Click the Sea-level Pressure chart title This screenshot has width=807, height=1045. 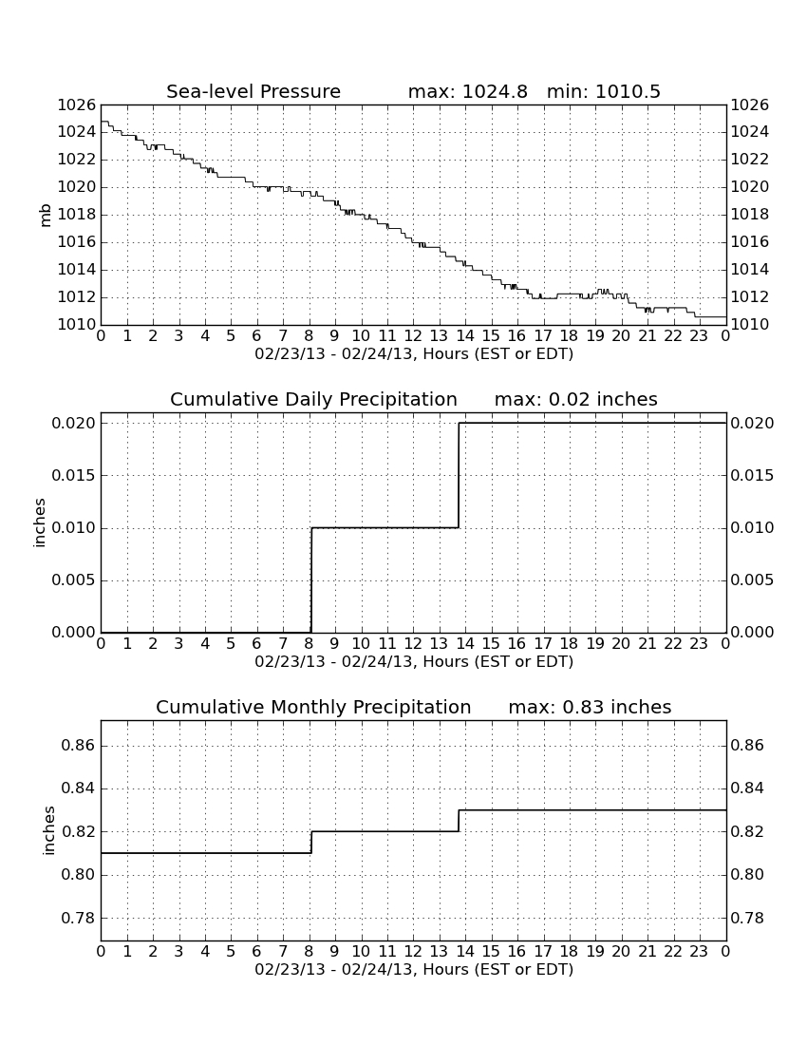(x=253, y=91)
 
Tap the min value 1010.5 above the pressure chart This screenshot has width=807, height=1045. (x=628, y=91)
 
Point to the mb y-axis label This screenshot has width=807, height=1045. (x=46, y=216)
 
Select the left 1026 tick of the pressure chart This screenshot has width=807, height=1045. (x=77, y=105)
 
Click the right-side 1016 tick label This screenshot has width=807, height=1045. (x=750, y=242)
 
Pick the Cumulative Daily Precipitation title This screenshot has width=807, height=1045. (x=313, y=399)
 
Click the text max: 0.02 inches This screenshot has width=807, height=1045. (x=576, y=399)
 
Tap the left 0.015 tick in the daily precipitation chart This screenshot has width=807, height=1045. (x=73, y=475)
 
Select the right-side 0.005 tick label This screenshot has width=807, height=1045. (x=752, y=580)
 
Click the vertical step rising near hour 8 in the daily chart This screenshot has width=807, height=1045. (x=311, y=579)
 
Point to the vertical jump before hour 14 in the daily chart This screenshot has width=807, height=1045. (x=460, y=475)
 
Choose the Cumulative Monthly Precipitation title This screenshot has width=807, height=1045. (x=313, y=707)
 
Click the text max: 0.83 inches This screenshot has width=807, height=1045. (x=590, y=707)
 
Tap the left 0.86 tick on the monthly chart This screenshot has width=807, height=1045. (x=79, y=745)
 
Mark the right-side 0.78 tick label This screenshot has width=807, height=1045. (x=748, y=919)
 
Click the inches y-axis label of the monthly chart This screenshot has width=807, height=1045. (x=48, y=830)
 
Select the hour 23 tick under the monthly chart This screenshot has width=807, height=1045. (x=699, y=951)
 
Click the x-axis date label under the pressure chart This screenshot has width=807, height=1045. (x=414, y=354)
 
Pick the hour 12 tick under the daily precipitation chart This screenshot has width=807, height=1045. (x=413, y=643)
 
